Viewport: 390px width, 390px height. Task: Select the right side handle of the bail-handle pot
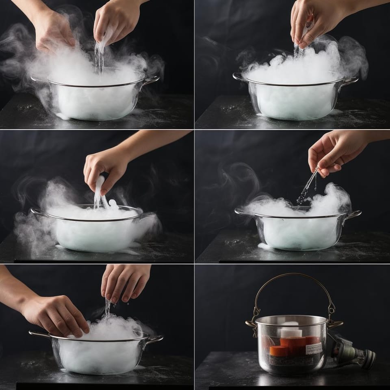tap(336, 324)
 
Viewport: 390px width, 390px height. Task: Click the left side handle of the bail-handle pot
tap(251, 324)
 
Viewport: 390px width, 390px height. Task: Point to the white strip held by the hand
tap(99, 191)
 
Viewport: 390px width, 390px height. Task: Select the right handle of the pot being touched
tap(155, 339)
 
